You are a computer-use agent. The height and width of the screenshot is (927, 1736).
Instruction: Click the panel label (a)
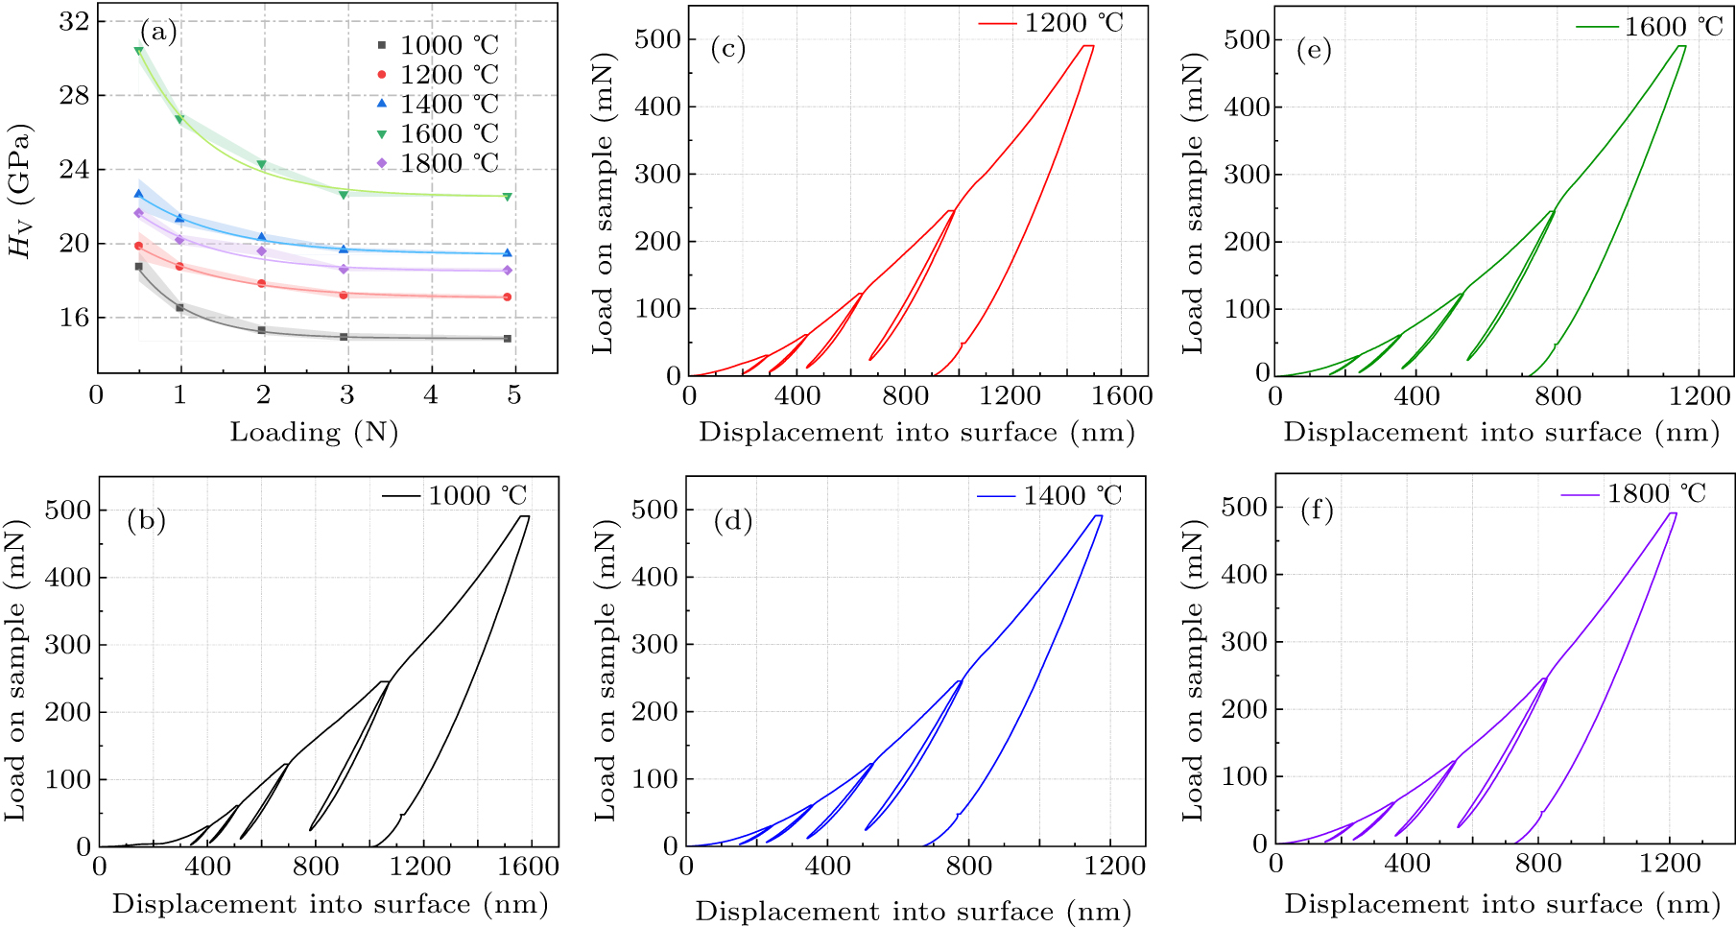coord(158,33)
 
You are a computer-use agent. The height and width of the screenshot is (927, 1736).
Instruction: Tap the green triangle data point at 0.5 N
coord(139,51)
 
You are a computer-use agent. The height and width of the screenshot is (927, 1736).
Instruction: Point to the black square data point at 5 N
coord(508,339)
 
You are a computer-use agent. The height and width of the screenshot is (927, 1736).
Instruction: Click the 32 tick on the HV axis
coord(74,21)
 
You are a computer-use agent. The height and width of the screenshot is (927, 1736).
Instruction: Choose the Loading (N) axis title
coord(314,433)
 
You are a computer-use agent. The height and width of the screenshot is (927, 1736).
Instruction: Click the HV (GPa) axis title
coord(20,191)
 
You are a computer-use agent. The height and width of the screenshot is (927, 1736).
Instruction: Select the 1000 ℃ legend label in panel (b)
coord(477,496)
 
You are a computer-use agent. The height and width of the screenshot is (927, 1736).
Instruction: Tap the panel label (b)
coord(146,521)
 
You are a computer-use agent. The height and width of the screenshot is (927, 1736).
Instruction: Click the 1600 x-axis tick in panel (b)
coord(529,867)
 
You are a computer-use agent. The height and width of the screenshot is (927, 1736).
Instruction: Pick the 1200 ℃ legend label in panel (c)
coord(1073,23)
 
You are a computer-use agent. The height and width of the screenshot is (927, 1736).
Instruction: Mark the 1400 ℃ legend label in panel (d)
coord(1072,496)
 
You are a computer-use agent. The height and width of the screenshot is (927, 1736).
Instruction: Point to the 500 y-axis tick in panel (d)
coord(655,510)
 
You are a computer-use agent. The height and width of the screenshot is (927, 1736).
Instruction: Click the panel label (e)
coord(1314,50)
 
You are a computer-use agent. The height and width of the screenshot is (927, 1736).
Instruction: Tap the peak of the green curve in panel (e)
coord(1680,46)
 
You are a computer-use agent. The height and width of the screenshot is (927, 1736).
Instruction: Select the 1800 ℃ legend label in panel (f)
coord(1656,494)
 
